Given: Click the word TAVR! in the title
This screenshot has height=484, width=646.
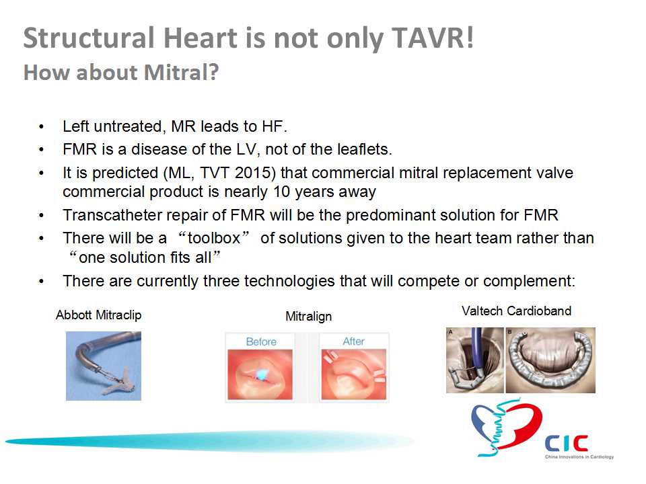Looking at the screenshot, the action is (433, 38).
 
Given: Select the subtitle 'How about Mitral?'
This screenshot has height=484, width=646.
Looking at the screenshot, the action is (121, 73).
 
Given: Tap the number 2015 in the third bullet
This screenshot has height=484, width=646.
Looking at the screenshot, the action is (253, 173).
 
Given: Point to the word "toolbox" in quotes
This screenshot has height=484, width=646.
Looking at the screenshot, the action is (214, 238).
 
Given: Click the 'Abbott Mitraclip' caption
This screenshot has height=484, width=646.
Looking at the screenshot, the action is (98, 315).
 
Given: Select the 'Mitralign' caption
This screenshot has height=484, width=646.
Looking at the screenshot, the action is (309, 316).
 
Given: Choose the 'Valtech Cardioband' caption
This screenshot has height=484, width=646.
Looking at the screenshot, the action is (517, 311).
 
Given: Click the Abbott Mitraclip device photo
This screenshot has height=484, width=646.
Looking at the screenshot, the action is (104, 366).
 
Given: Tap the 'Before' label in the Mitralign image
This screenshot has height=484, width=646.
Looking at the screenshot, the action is (261, 341).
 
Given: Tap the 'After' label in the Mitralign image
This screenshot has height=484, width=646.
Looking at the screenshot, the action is (353, 341).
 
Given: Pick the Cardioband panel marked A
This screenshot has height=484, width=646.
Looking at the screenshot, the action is (474, 360).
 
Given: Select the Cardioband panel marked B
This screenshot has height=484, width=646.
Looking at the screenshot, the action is (550, 360).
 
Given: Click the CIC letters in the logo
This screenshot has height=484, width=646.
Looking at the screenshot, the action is (567, 443).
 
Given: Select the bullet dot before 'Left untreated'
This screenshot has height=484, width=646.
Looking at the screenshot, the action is (41, 127).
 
